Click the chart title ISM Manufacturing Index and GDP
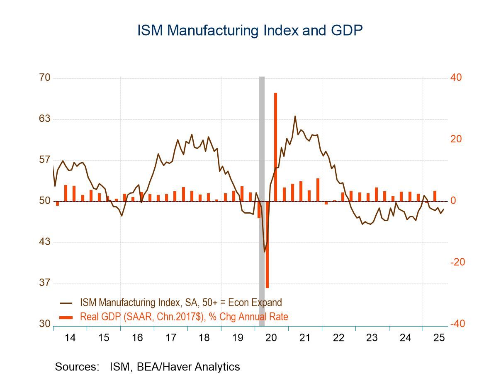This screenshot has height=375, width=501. [x=250, y=30]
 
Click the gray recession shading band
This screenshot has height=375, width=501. [x=262, y=166]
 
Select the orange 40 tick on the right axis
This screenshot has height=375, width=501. [x=456, y=77]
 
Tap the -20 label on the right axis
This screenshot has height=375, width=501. [x=457, y=262]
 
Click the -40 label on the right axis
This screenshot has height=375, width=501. [x=457, y=324]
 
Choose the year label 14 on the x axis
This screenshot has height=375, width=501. [x=70, y=338]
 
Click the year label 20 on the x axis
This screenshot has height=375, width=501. [x=271, y=338]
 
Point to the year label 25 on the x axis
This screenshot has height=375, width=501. [x=439, y=338]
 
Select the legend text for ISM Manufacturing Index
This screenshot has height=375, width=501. [x=181, y=303]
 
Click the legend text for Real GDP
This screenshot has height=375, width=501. [x=184, y=317]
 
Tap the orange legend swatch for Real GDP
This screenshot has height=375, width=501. [x=66, y=317]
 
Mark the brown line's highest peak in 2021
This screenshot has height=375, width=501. [x=295, y=116]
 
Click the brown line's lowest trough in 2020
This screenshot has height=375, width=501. [x=264, y=252]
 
